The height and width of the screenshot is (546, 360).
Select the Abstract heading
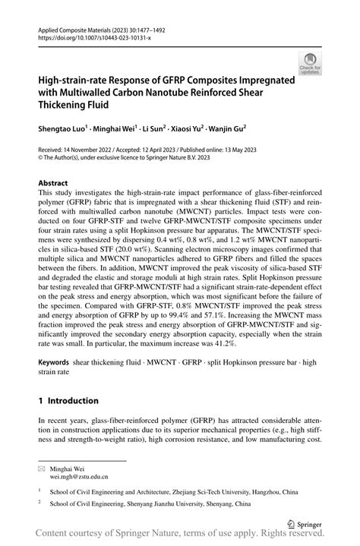(54, 184)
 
